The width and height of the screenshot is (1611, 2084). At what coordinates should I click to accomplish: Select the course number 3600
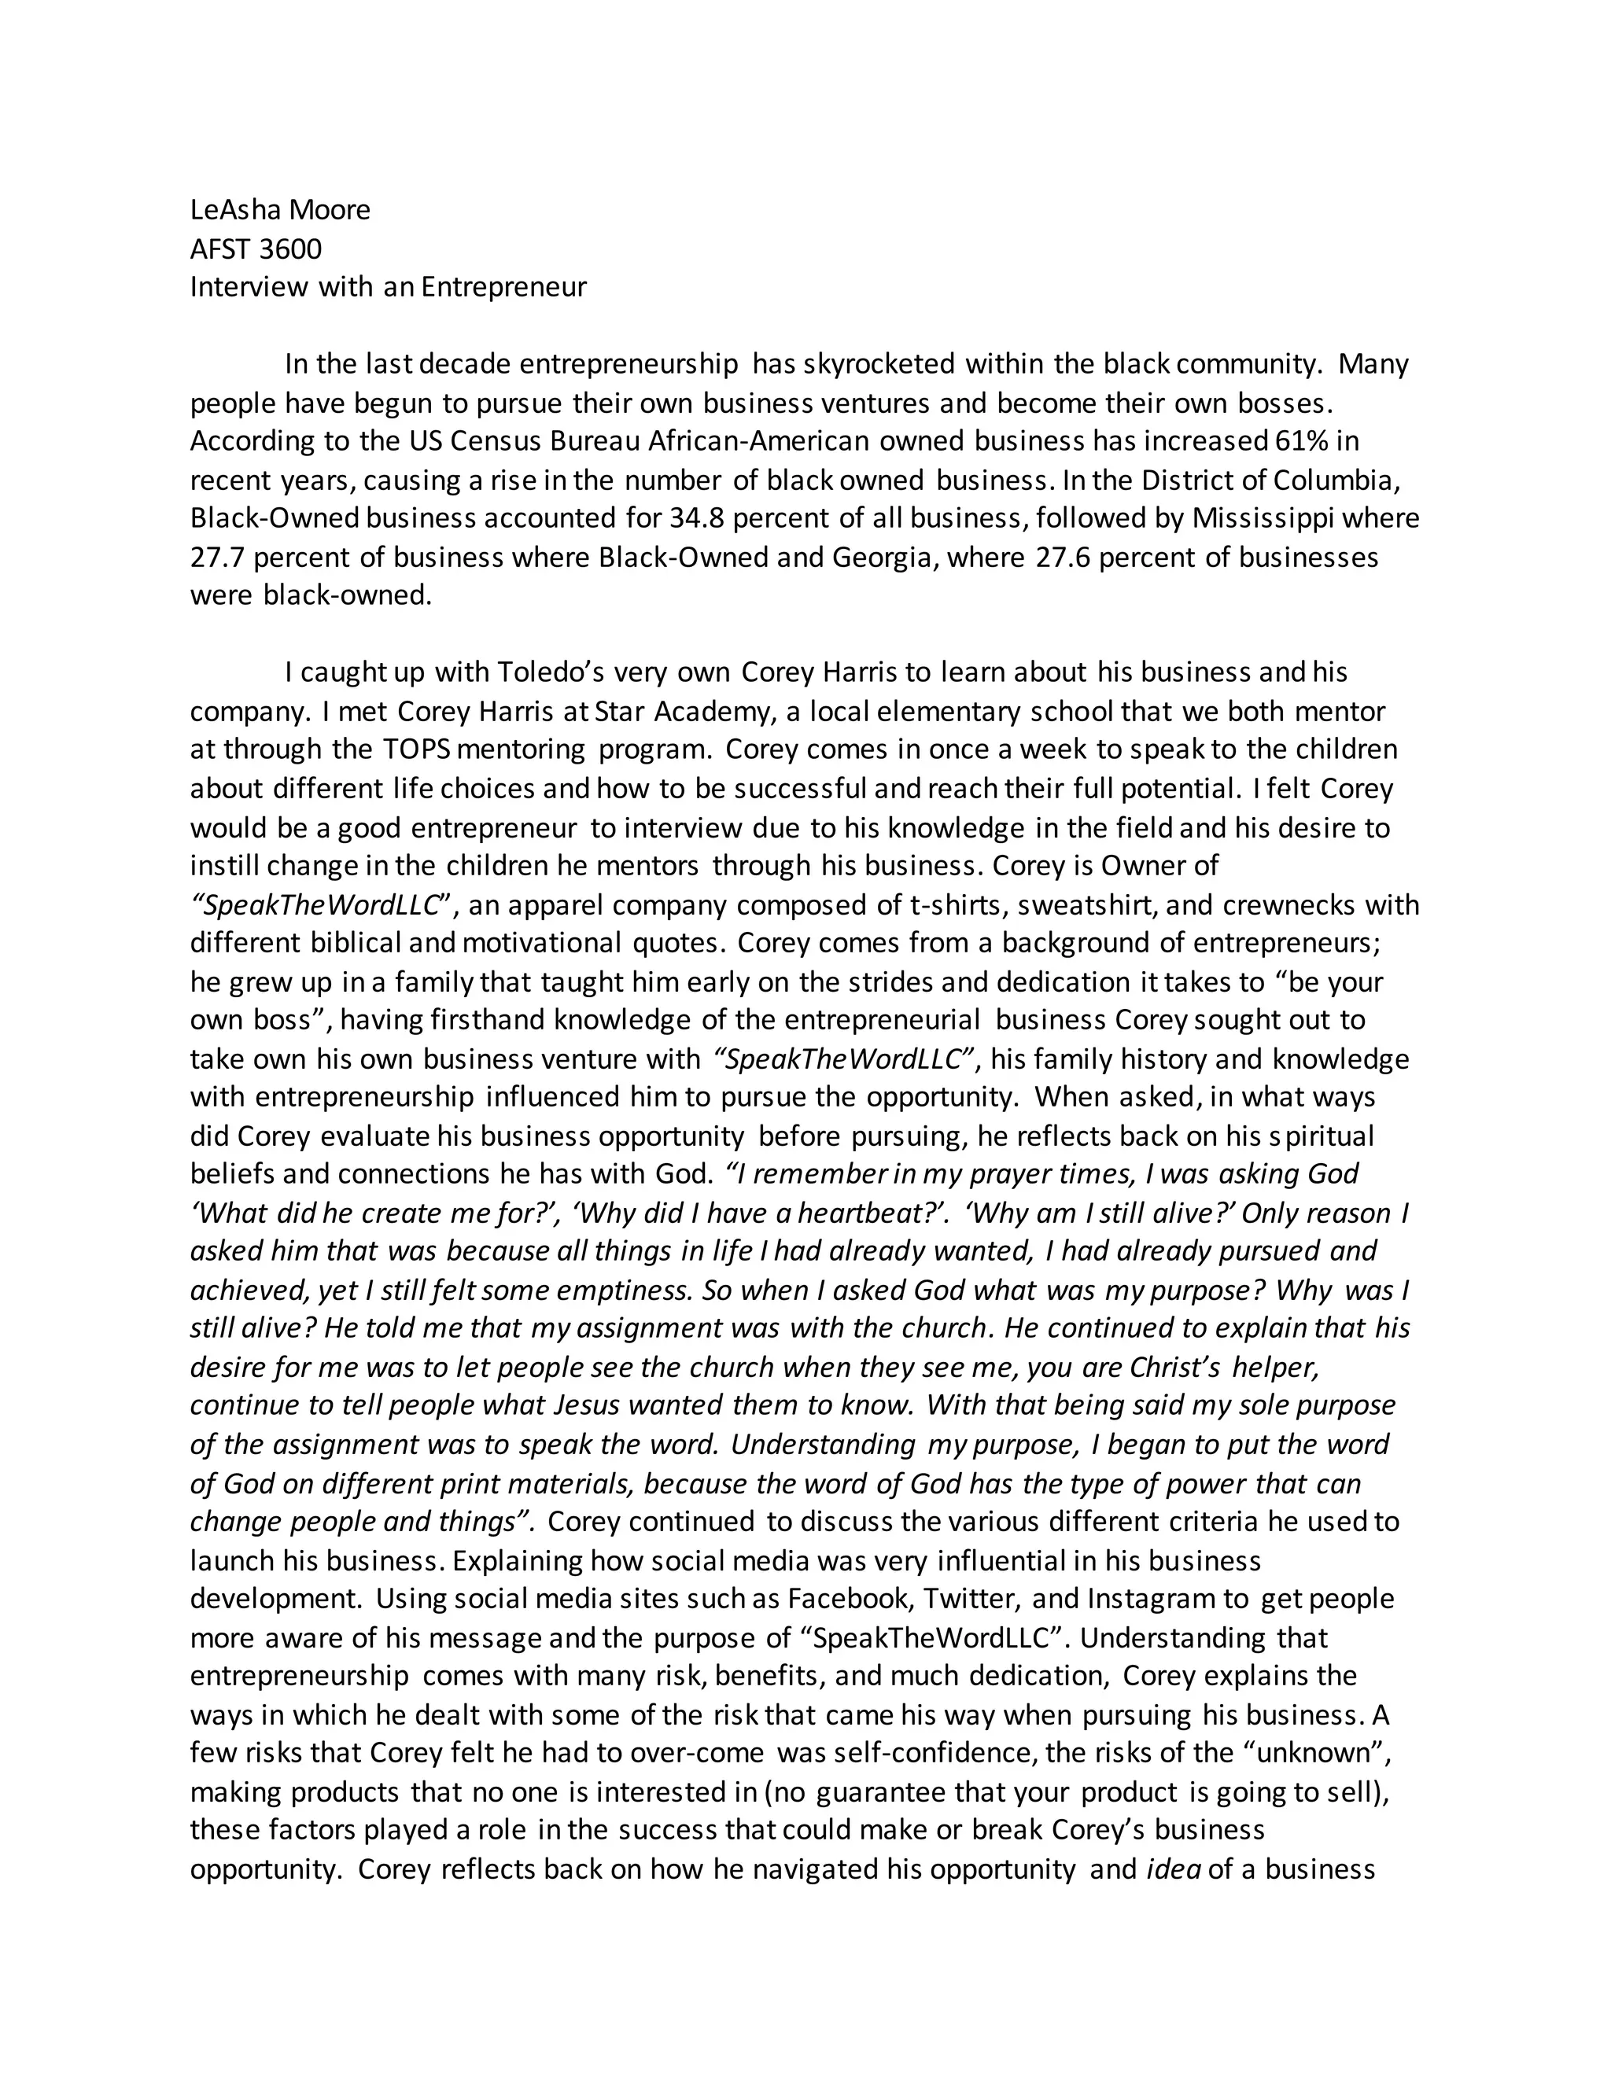coord(290,249)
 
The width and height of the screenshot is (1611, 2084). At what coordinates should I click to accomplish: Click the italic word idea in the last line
coord(1173,1869)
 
